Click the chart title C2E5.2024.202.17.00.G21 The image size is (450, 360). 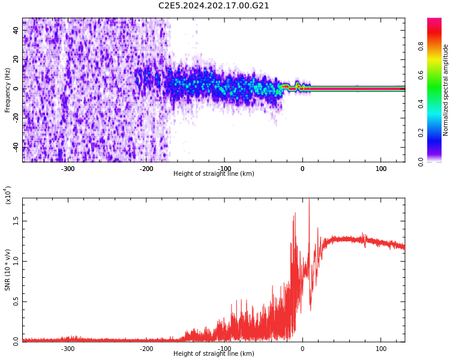(214, 6)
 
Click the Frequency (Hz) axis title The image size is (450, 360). (8, 90)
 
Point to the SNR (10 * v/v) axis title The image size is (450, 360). (8, 270)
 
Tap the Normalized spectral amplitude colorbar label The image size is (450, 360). (446, 90)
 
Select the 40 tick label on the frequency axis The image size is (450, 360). (16, 31)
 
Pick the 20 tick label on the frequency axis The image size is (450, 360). (16, 59)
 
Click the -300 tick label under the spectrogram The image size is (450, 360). (67, 169)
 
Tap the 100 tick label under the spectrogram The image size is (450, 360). (381, 169)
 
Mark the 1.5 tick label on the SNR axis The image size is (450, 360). (16, 221)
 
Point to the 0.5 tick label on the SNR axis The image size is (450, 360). (16, 302)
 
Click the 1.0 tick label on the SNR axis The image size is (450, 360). (16, 261)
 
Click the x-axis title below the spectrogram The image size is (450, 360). (214, 174)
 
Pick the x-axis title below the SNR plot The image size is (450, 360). (214, 354)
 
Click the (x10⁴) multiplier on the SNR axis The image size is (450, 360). (8, 195)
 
